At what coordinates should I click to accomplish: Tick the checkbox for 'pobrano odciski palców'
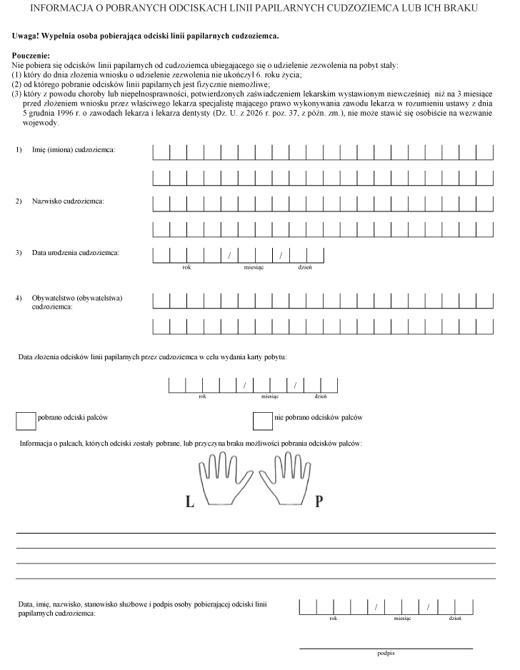[26, 421]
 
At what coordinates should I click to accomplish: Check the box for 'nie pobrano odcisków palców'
[263, 421]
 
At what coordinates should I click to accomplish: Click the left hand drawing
[223, 479]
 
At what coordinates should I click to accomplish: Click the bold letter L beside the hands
[190, 501]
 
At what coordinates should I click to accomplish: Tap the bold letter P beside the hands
[319, 501]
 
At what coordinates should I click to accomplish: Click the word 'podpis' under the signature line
[386, 654]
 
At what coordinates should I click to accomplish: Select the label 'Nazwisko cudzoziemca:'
[68, 201]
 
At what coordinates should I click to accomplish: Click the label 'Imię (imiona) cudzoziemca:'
[74, 150]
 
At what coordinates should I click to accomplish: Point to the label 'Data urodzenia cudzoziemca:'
[75, 253]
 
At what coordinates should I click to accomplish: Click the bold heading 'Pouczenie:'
[31, 55]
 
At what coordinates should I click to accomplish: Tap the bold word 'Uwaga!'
[27, 36]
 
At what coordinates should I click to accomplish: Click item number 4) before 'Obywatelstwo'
[19, 297]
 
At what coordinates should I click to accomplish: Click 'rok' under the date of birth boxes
[186, 267]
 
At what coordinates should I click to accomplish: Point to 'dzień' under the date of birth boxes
[305, 267]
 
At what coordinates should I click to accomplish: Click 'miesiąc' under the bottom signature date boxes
[403, 619]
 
